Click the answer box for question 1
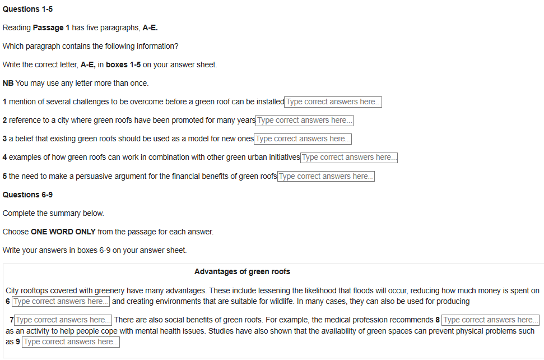(x=333, y=102)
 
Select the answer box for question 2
(x=304, y=121)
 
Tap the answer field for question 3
(x=303, y=139)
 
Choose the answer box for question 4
(x=348, y=158)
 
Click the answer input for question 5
(x=326, y=177)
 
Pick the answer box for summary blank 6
(x=61, y=302)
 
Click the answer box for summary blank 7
(x=63, y=320)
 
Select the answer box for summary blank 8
(x=490, y=320)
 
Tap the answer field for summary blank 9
(x=71, y=342)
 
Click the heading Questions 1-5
(x=27, y=10)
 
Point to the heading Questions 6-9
(x=27, y=195)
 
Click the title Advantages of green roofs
(x=242, y=272)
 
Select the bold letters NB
(x=8, y=84)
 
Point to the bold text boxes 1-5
(x=123, y=65)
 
